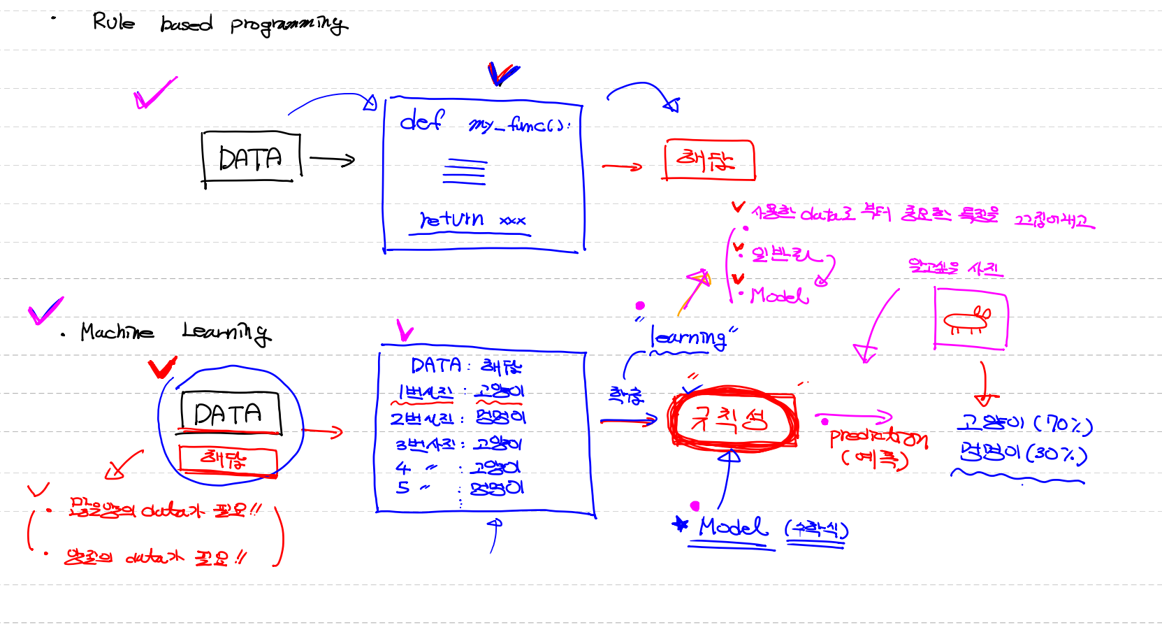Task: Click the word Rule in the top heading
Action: click(x=113, y=22)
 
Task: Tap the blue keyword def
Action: click(x=421, y=122)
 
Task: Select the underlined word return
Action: click(x=451, y=220)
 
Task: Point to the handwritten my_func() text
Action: click(x=518, y=125)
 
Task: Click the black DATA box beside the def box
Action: click(x=251, y=159)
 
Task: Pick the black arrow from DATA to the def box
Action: click(x=332, y=159)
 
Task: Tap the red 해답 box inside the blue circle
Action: click(x=227, y=459)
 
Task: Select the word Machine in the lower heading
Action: click(x=117, y=331)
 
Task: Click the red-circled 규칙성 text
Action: click(x=730, y=419)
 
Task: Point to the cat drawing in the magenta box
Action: click(x=968, y=320)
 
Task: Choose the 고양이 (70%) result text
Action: click(x=1024, y=424)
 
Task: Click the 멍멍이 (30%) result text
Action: click(x=1024, y=454)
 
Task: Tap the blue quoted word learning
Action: click(x=688, y=338)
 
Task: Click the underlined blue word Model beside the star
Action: click(x=732, y=527)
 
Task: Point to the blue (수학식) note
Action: click(x=816, y=529)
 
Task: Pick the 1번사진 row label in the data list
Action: click(x=425, y=393)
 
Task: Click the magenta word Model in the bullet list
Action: click(x=779, y=296)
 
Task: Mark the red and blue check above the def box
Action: click(x=502, y=73)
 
